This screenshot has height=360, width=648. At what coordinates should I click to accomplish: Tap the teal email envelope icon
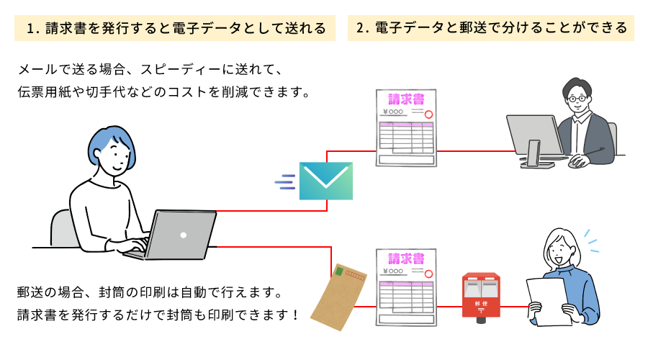326,181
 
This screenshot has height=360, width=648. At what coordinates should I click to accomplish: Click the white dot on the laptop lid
184,235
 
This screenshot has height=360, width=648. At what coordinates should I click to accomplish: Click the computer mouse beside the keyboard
577,162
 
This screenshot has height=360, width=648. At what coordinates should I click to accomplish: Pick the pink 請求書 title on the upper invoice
406,99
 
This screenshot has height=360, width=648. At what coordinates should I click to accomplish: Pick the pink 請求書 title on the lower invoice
406,258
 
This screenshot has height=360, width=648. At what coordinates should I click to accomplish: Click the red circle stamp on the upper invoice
428,114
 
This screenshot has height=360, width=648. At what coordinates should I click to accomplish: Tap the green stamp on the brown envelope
339,272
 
